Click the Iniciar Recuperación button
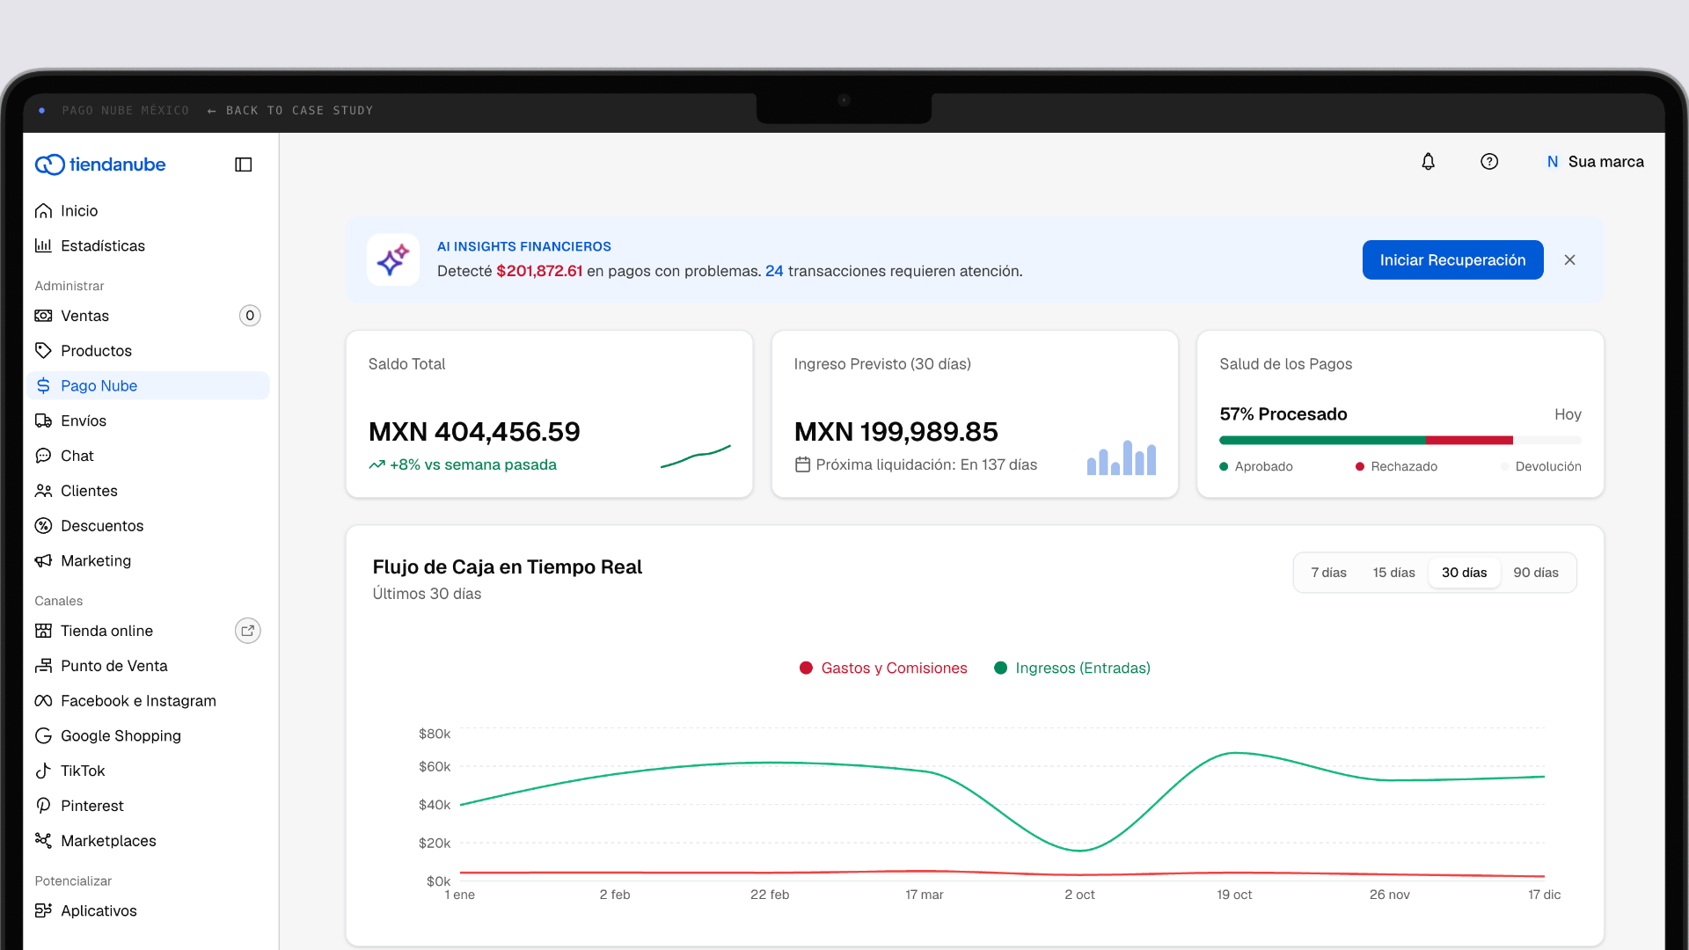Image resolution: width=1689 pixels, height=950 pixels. pyautogui.click(x=1452, y=260)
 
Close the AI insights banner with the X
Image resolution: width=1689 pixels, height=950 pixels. pyautogui.click(x=1570, y=260)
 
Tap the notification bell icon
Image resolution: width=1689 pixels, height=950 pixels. pyautogui.click(x=1429, y=162)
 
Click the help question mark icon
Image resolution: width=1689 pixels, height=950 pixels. pyautogui.click(x=1489, y=162)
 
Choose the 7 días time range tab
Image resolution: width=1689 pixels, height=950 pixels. pyautogui.click(x=1328, y=573)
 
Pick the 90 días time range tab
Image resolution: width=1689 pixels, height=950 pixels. pyautogui.click(x=1536, y=573)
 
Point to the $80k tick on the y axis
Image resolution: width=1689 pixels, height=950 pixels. pyautogui.click(x=435, y=734)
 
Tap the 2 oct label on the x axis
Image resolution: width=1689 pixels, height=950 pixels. pyautogui.click(x=1079, y=895)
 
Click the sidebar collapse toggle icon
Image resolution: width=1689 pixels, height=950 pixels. pyautogui.click(x=244, y=164)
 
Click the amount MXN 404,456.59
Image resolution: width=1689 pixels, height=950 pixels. pyautogui.click(x=474, y=432)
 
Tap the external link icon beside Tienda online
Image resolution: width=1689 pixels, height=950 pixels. pyautogui.click(x=248, y=631)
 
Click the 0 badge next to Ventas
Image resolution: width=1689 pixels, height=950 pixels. pyautogui.click(x=250, y=316)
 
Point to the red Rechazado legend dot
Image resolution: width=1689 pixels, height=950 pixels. pyautogui.click(x=1360, y=467)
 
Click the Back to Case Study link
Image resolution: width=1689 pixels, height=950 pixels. pyautogui.click(x=290, y=111)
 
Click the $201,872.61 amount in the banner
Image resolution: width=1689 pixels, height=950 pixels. pyautogui.click(x=539, y=271)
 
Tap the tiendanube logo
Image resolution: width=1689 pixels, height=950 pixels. pyautogui.click(x=100, y=164)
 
